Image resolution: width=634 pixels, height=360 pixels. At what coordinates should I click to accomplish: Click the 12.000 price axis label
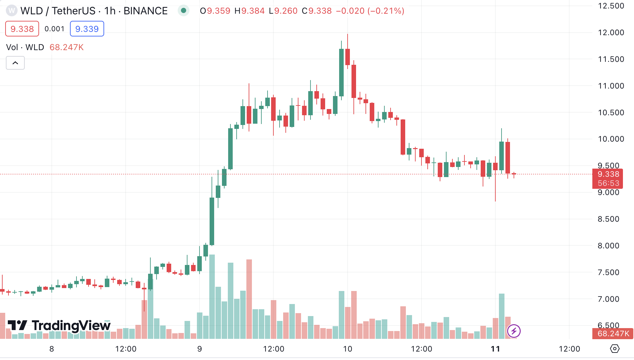click(611, 33)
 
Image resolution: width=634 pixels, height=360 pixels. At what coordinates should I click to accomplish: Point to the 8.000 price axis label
click(608, 246)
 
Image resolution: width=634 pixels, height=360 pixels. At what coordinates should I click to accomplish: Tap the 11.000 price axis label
click(611, 86)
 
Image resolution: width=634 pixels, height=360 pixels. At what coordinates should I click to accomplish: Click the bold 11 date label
click(495, 349)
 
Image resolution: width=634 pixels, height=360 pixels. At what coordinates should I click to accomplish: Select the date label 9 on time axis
click(200, 349)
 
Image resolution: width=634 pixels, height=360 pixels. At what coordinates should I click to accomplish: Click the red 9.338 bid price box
click(22, 29)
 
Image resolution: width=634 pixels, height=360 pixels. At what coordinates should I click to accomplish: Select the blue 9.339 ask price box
click(87, 29)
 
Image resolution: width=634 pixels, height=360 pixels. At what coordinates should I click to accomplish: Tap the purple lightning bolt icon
click(514, 331)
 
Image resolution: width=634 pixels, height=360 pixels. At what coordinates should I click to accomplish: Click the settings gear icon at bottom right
click(614, 349)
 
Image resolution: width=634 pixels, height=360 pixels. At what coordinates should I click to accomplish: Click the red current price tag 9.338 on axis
click(608, 174)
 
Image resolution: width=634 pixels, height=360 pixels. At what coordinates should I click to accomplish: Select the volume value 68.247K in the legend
click(66, 48)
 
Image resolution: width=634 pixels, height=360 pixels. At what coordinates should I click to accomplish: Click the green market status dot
click(184, 11)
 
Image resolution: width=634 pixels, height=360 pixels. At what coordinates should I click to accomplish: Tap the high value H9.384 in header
click(250, 11)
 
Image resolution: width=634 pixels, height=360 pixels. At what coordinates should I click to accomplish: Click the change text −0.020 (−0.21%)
click(370, 11)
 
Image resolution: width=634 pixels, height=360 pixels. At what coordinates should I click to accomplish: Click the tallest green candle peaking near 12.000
click(341, 72)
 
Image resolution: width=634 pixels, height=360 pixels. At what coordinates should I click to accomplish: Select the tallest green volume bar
click(212, 296)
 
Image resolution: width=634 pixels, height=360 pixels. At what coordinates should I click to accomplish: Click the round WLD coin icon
click(12, 11)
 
